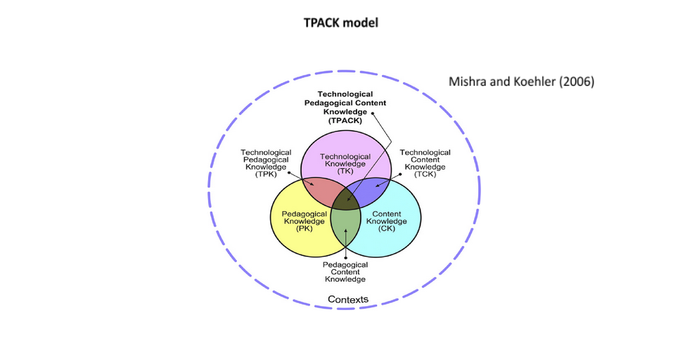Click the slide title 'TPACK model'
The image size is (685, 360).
pos(341,22)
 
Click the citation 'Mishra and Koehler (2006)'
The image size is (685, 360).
pos(521,82)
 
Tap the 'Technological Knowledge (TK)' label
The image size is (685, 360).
pos(345,164)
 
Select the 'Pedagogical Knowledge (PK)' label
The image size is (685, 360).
pos(303,221)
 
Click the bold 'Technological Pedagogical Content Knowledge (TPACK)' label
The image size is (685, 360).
pos(345,107)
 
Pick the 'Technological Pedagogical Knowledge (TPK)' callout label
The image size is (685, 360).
pos(266,163)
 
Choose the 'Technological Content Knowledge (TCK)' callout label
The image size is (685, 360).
pos(425,163)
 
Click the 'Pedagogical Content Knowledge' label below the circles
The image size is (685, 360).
pos(345,272)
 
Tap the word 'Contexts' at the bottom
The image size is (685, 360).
pos(347,300)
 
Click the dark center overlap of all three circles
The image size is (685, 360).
pos(345,199)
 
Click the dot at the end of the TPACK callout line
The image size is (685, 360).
pos(373,113)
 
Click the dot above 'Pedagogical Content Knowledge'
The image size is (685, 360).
pos(345,257)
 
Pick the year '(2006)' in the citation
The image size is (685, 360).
pos(577,82)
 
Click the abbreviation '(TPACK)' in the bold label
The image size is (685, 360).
pos(345,120)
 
